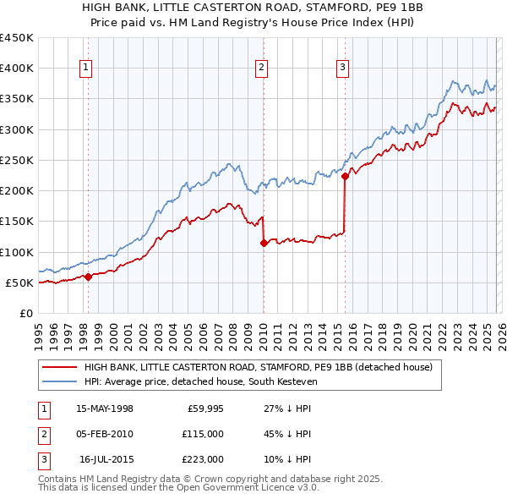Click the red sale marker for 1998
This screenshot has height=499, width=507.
[88, 277]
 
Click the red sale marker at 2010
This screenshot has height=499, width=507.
[263, 243]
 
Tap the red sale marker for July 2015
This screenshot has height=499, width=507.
[345, 177]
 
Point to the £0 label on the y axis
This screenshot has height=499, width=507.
[26, 313]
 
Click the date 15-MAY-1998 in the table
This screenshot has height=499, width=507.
[105, 409]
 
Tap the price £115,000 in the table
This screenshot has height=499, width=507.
[203, 434]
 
